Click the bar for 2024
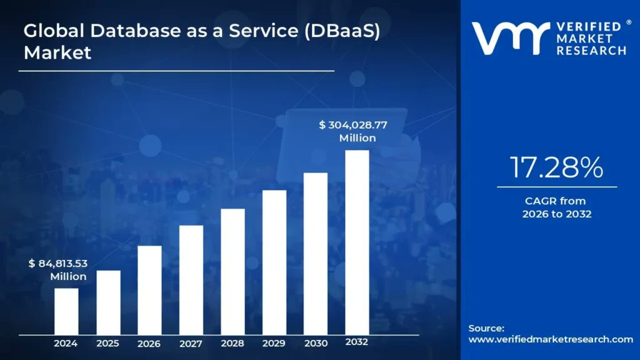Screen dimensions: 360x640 66,311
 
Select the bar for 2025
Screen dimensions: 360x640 108,302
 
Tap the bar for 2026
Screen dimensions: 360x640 149,290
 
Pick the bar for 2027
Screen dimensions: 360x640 191,280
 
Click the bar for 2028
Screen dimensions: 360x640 232,272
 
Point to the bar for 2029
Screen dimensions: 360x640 274,262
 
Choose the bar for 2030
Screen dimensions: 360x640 316,254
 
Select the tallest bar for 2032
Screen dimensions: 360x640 357,242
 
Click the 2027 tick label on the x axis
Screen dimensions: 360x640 191,344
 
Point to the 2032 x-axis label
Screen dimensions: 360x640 357,342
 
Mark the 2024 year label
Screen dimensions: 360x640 66,344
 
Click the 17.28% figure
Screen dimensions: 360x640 556,167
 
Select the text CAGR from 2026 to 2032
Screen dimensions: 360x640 556,207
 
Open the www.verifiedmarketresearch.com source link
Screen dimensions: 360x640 550,339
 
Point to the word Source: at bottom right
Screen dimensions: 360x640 486,328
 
